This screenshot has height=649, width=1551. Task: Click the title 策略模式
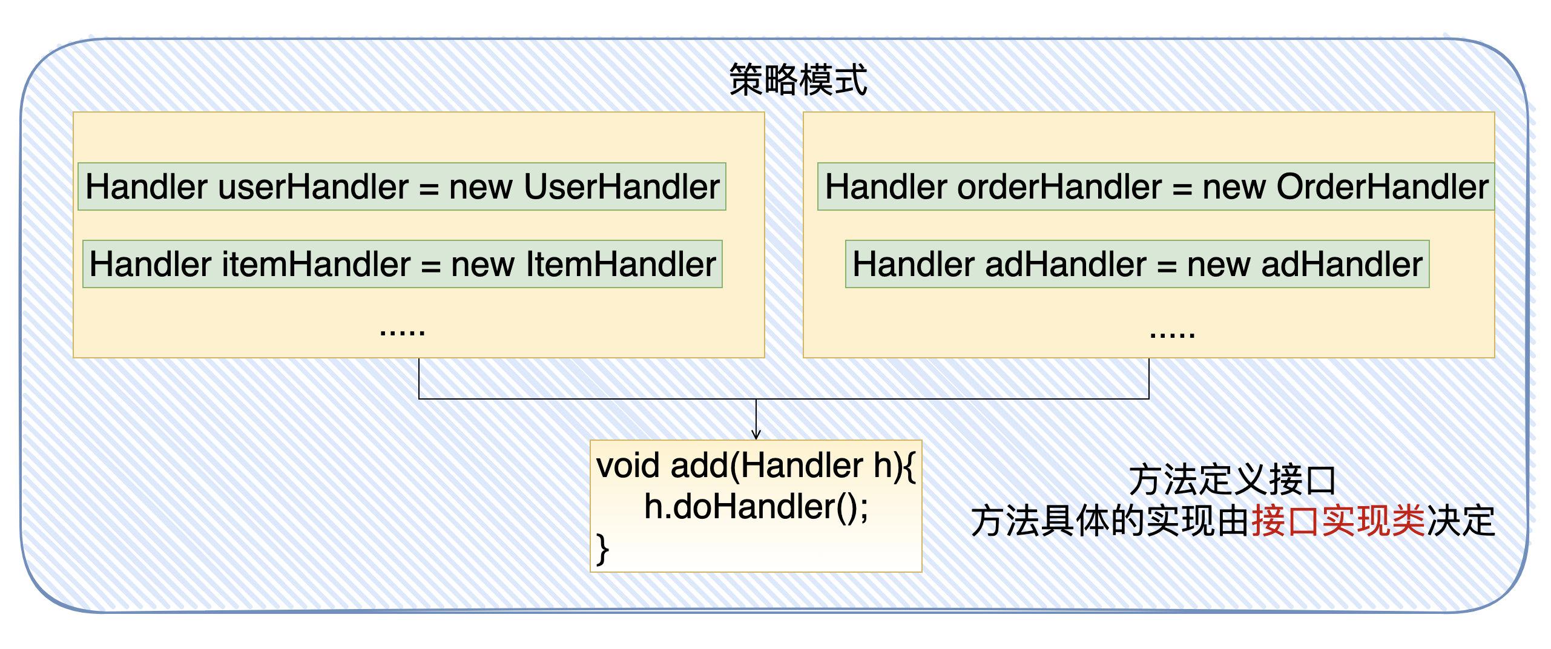point(798,80)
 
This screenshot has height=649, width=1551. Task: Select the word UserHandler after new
point(622,186)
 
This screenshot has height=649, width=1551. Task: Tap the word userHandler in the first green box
point(314,186)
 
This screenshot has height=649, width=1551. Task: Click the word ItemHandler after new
point(621,265)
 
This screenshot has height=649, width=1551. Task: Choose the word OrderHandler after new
point(1383,186)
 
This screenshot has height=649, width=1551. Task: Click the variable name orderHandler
point(1059,186)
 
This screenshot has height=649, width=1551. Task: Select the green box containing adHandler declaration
point(1137,264)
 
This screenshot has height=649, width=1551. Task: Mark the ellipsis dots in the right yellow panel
point(1173,334)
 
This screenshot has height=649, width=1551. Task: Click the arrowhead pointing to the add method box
point(756,434)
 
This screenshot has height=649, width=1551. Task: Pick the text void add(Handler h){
point(756,466)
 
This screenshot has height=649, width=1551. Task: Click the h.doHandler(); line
point(756,507)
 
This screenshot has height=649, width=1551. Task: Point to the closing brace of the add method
point(602,549)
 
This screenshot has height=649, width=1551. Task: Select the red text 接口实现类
point(1339,521)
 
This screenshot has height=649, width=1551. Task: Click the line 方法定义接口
point(1233,480)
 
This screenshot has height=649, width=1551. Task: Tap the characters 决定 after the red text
point(1461,521)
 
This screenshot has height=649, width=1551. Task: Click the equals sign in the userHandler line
point(429,188)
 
